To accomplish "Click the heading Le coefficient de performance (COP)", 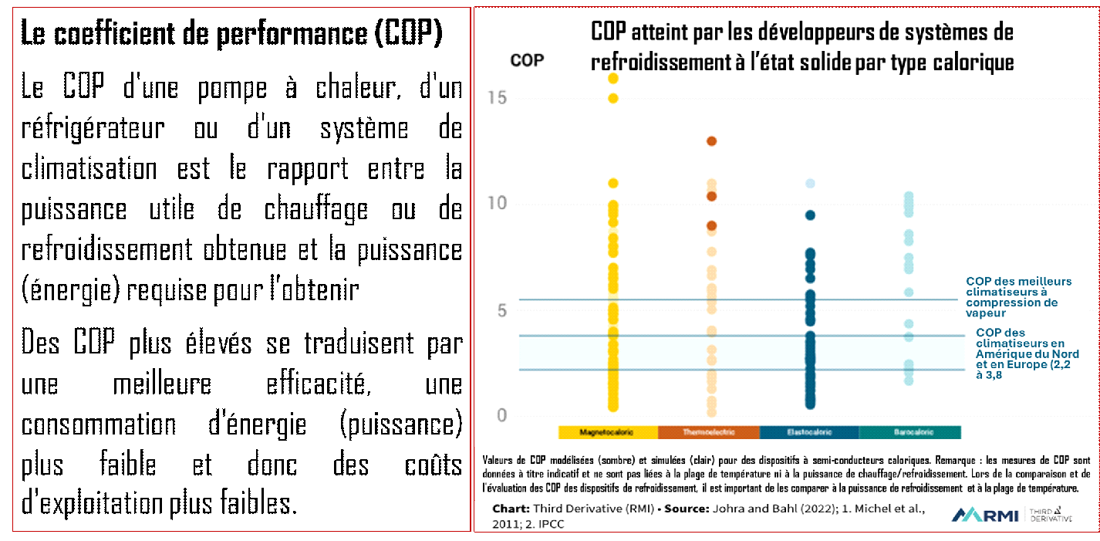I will pyautogui.click(x=231, y=35).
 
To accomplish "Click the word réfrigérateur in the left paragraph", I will pyautogui.click(x=93, y=128).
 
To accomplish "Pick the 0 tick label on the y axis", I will pyautogui.click(x=501, y=416).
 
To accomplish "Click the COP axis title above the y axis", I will pyautogui.click(x=527, y=60).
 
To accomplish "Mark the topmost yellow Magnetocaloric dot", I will pyautogui.click(x=613, y=78).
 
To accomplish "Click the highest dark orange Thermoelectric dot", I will pyautogui.click(x=712, y=141).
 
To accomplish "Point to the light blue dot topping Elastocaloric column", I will pyautogui.click(x=810, y=184).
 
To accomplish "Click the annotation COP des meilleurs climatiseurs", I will pyautogui.click(x=1018, y=297).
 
